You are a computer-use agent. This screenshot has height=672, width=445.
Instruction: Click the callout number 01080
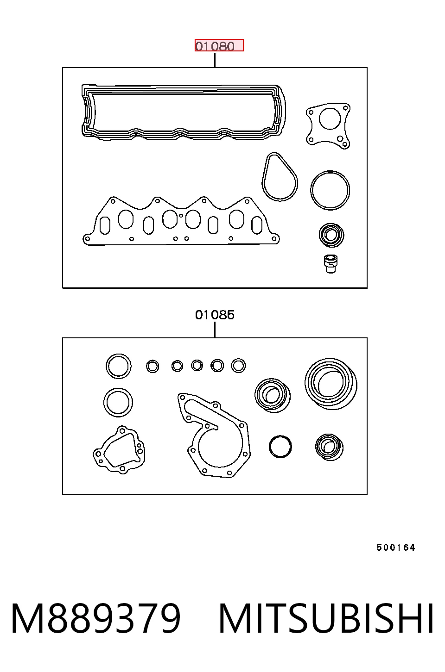[x=215, y=46]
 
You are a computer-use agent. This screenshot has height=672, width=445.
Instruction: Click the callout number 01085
[x=215, y=315]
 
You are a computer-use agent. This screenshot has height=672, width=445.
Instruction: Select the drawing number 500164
[x=396, y=548]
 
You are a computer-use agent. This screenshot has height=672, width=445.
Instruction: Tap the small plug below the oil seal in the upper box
[x=331, y=264]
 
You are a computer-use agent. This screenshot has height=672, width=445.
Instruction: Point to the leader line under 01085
[x=215, y=330]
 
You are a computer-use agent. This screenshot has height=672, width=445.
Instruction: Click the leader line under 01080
[x=215, y=60]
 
